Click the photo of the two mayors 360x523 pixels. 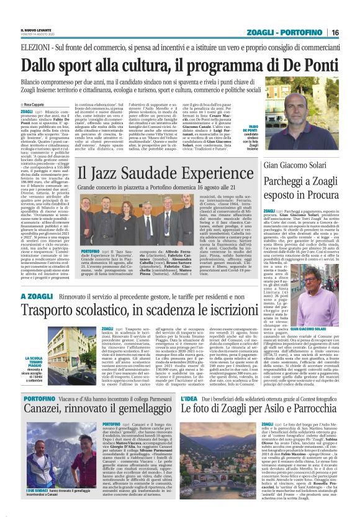[x=50, y=471]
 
